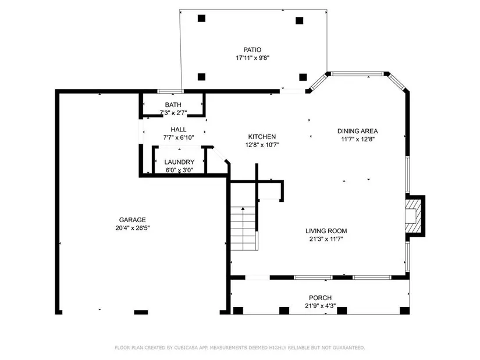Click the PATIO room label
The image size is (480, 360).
(253, 49)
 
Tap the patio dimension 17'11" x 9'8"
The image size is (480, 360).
(253, 58)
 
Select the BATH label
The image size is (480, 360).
(173, 105)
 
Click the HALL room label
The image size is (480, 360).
(179, 130)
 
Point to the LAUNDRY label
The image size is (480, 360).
(179, 162)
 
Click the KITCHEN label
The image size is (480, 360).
(262, 137)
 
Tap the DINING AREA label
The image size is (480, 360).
(358, 131)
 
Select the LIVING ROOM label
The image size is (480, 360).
(326, 231)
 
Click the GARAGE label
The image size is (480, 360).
(132, 220)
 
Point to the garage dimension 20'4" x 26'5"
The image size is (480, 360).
(132, 228)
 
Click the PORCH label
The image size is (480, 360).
(320, 298)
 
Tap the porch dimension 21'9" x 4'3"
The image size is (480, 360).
(320, 305)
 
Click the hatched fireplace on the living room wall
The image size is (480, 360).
(413, 216)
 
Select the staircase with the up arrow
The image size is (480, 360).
(243, 229)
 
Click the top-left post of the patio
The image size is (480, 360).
(201, 19)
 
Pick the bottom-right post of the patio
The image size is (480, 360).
(303, 77)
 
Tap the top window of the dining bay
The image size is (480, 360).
(357, 73)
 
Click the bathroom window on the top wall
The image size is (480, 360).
(170, 91)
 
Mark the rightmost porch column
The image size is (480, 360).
(405, 311)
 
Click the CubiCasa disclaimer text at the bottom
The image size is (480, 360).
(240, 347)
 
